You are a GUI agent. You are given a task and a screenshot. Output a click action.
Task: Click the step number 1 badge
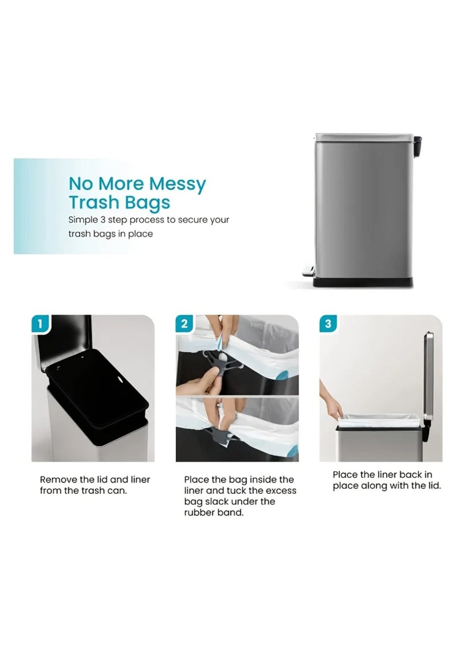tap(41, 324)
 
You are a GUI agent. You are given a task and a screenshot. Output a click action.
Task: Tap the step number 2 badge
tap(184, 324)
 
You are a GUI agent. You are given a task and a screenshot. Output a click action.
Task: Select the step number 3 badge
tap(328, 324)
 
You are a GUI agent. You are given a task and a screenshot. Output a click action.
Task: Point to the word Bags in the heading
tap(145, 203)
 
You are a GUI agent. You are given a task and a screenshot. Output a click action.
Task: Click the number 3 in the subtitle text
tap(103, 220)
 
